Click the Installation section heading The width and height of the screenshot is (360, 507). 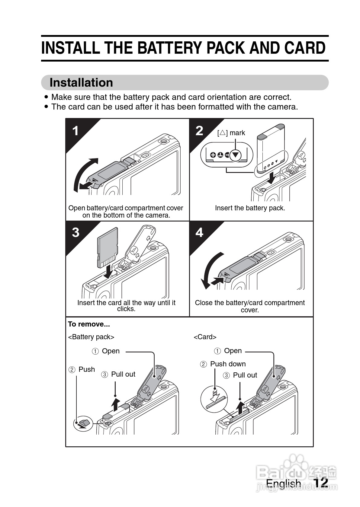click(x=81, y=83)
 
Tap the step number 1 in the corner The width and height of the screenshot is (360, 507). click(x=76, y=131)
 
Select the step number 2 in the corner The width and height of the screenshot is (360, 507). click(x=199, y=130)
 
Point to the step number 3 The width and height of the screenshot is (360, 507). click(x=76, y=232)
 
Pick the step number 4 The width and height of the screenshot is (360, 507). click(x=199, y=232)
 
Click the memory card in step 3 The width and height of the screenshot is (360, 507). click(x=107, y=247)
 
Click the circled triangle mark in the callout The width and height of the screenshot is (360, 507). click(x=236, y=155)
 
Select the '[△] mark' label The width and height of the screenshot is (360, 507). click(x=231, y=133)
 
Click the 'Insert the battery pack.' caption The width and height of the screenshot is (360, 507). click(x=250, y=208)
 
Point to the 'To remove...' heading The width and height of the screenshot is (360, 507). click(x=89, y=324)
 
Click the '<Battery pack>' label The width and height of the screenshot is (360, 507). click(x=91, y=337)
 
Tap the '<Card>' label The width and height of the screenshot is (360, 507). click(x=205, y=337)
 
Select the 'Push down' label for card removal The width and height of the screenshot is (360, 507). click(x=228, y=364)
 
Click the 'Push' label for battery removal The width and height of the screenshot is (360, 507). click(x=86, y=369)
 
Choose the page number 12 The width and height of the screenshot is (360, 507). click(x=320, y=483)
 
